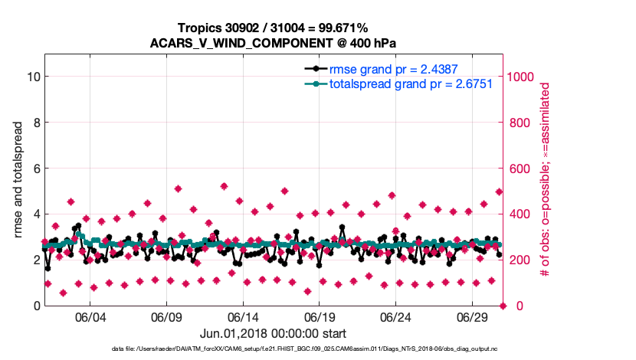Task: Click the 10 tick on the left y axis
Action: pos(33,77)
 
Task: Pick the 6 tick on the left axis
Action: pos(36,168)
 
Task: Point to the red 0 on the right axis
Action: pos(510,306)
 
